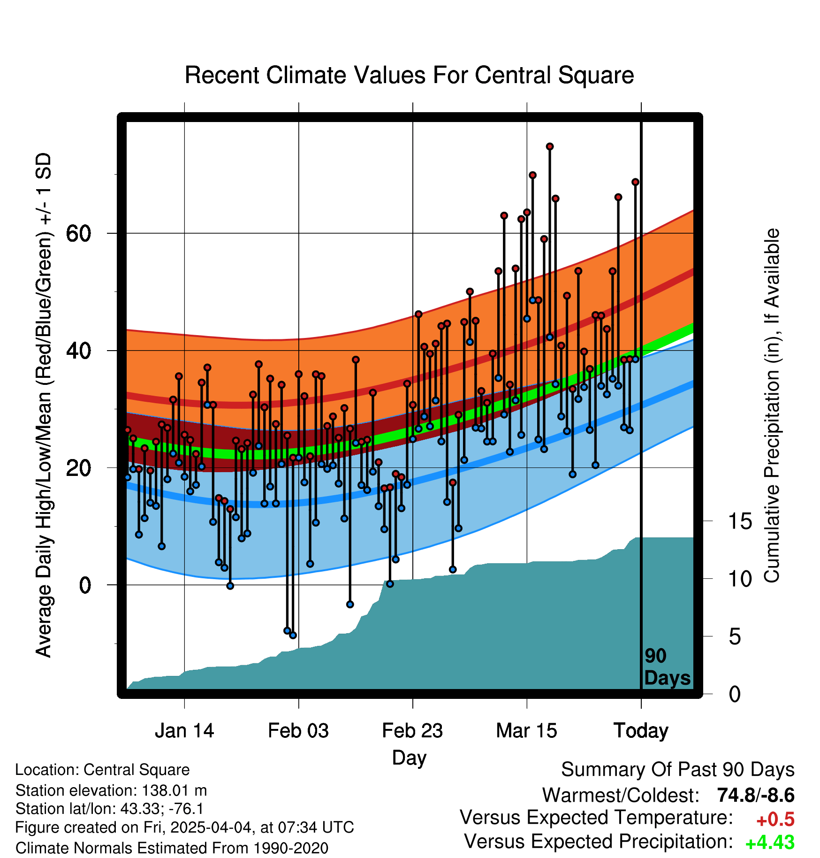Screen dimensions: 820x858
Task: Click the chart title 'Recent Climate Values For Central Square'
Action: coord(409,75)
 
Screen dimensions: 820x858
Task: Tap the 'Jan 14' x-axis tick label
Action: coord(184,731)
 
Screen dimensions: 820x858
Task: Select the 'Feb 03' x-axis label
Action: coord(298,731)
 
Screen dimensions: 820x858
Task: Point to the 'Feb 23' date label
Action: coord(412,731)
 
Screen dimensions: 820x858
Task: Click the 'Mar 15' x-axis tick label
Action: coord(526,731)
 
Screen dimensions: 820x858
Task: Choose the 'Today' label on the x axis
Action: coord(641,731)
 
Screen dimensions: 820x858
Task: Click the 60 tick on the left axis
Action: coord(79,233)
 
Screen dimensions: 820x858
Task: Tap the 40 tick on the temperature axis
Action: coord(79,351)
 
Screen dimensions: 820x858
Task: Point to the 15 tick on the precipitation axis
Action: coord(740,521)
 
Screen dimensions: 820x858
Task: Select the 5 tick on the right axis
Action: coord(735,636)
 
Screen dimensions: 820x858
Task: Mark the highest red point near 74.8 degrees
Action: coord(549,146)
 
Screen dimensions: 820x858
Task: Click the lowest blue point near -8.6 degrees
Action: coord(293,635)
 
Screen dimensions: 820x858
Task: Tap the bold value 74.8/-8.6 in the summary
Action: coord(756,795)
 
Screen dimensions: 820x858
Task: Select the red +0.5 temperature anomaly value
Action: coord(775,820)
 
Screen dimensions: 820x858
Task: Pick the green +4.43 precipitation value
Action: coord(770,843)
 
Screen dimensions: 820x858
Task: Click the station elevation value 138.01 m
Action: coord(174,790)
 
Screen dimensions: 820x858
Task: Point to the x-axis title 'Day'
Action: coord(409,758)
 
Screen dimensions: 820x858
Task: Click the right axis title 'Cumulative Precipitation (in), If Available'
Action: coord(772,406)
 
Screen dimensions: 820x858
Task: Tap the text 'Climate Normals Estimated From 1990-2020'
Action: coord(172,848)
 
